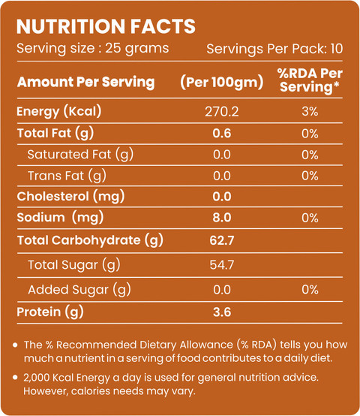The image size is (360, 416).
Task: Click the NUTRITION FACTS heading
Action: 106,26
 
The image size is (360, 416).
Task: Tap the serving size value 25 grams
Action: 137,49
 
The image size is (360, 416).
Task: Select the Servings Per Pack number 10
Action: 337,49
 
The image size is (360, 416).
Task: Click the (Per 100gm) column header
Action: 222,82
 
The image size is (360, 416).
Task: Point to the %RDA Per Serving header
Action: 310,80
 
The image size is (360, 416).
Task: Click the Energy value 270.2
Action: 222,111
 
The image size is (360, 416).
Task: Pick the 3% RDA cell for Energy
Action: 310,111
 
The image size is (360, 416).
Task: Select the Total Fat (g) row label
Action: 55,134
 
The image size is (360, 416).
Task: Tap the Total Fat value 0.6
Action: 222,133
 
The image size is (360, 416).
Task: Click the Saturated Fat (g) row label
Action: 80,155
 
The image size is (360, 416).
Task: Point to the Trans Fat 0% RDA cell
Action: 310,176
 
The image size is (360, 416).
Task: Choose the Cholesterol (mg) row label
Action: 70,197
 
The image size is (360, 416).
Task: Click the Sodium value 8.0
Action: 222,218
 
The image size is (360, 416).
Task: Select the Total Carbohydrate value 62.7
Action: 222,240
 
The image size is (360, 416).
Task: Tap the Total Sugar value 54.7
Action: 222,265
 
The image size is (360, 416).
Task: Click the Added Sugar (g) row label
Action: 79,290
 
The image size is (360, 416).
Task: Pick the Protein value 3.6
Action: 222,312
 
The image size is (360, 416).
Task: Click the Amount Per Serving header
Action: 85,82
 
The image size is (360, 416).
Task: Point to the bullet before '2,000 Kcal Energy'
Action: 15,377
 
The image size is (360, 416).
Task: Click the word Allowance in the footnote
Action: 206,345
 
